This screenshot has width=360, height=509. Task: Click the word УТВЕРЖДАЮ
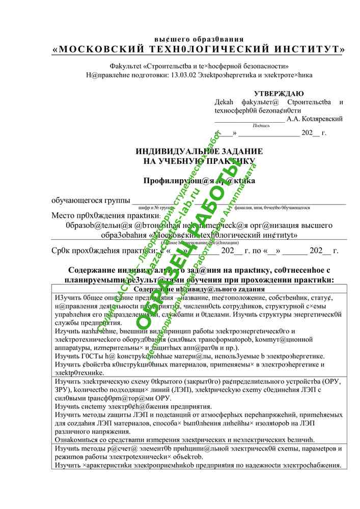pyautogui.click(x=279, y=94)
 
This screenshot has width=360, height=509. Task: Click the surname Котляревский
pyautogui.click(x=322, y=119)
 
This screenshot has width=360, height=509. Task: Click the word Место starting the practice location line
pyautogui.click(x=64, y=215)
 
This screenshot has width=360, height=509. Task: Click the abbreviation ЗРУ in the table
pyautogui.click(x=61, y=389)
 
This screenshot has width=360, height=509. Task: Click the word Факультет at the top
pyautogui.click(x=126, y=66)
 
